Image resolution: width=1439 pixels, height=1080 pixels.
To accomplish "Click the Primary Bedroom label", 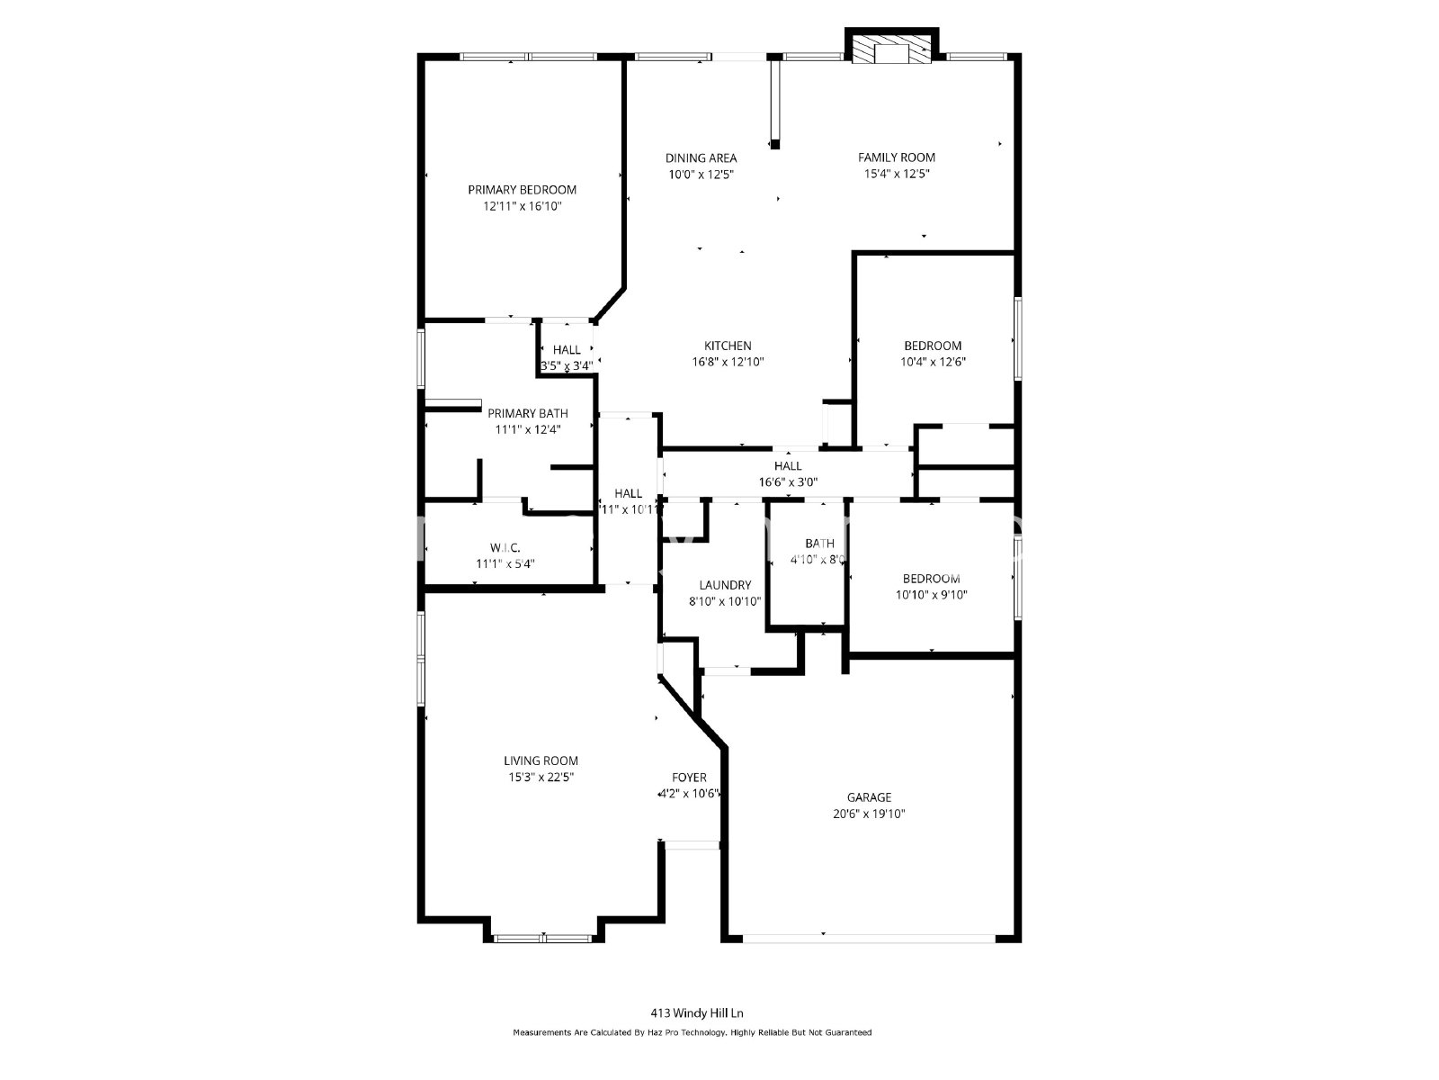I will coord(522,190).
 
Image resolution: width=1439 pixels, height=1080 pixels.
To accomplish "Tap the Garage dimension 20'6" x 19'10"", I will coord(869,814).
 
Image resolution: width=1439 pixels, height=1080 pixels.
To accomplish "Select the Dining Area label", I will coord(701,158).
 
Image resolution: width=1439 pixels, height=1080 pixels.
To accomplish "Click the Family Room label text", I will coord(896,157).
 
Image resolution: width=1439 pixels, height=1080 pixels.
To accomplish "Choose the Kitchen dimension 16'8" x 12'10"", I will coord(728,362).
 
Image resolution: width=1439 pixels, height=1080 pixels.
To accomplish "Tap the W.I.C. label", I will coord(505,547).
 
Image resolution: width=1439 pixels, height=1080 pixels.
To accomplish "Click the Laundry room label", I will coord(725,585).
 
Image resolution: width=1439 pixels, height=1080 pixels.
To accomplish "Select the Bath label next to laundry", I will coord(819,544).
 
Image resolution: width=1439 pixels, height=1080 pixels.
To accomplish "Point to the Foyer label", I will coord(689,778).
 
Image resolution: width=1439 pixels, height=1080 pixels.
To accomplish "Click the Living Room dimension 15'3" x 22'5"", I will coord(541,777).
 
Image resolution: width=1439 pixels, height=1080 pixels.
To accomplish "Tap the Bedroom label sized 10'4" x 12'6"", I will coord(933,346).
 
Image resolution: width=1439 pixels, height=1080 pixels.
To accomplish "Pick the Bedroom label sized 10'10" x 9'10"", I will coord(931,579).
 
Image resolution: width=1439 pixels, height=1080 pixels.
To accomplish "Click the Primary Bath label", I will coord(528,413).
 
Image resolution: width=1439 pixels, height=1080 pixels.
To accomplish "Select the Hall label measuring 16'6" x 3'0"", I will coord(788,466).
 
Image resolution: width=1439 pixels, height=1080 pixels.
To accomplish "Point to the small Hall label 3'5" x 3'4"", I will coord(567,350).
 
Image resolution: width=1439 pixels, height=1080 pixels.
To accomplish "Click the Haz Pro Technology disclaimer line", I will coord(692,1033).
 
